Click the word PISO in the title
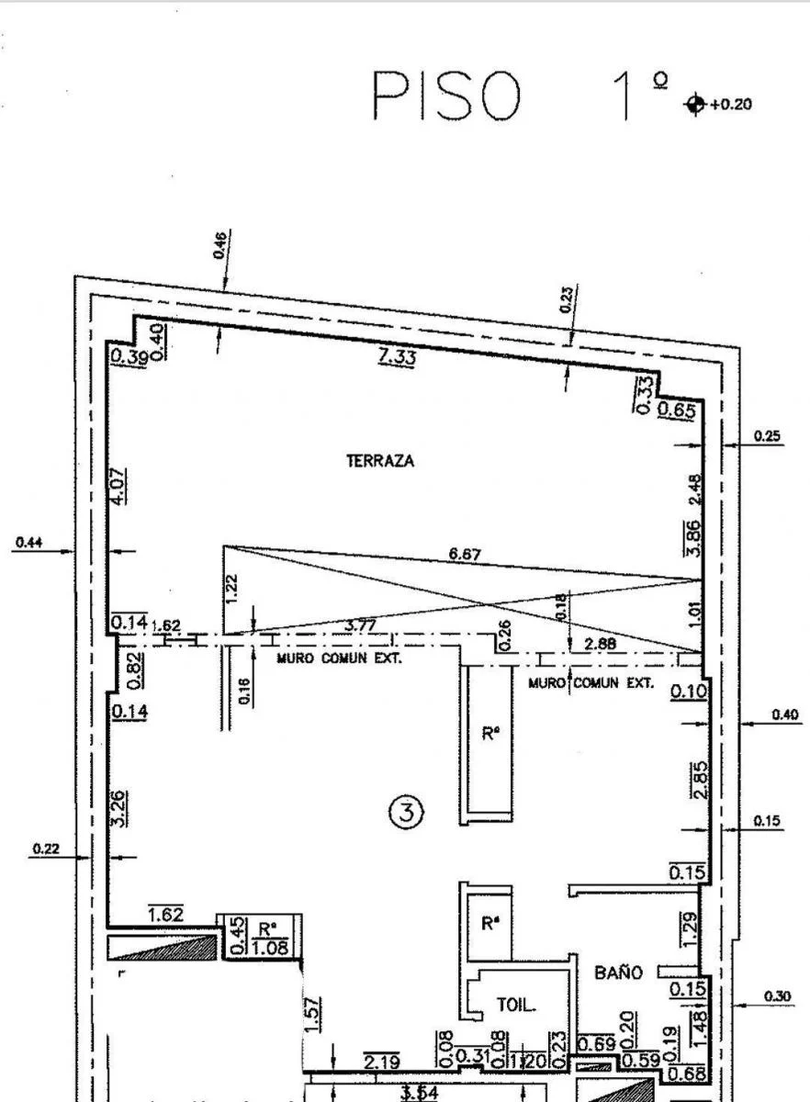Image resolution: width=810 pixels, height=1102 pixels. point(447,96)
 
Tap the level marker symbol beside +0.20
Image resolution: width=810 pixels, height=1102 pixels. point(694,104)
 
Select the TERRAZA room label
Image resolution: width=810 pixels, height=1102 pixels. point(380,461)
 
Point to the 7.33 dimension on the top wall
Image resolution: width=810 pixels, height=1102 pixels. point(397,356)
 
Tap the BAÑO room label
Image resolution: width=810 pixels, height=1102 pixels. point(618,973)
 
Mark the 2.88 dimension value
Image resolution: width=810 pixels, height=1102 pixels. point(600,644)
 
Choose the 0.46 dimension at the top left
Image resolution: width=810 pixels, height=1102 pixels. point(220,246)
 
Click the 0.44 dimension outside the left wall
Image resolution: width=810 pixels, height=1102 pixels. point(28,542)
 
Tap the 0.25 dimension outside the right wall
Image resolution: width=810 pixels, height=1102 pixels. point(768,436)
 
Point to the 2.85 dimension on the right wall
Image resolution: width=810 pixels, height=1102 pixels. point(700,781)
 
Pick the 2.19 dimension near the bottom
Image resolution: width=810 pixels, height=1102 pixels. point(380,1062)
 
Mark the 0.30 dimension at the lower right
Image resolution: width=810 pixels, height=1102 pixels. point(777,995)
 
